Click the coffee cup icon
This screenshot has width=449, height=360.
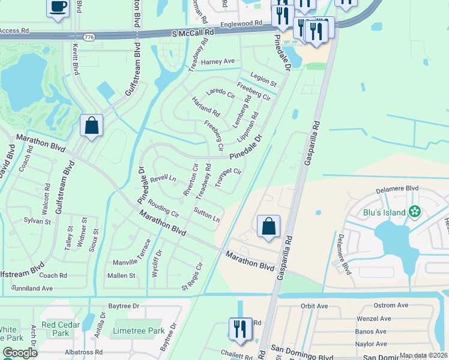pyautogui.click(x=58, y=7)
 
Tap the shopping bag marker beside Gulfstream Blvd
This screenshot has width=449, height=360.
pyautogui.click(x=91, y=126)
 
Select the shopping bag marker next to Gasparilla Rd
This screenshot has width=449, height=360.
pyautogui.click(x=268, y=227)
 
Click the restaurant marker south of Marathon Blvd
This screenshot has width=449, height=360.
pyautogui.click(x=240, y=329)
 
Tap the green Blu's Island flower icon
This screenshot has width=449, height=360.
pyautogui.click(x=414, y=211)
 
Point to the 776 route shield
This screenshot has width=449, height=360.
pyautogui.click(x=89, y=37)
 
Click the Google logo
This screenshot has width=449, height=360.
pyautogui.click(x=19, y=353)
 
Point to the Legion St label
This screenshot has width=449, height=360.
pyautogui.click(x=264, y=80)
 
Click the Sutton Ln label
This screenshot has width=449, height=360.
pyautogui.click(x=206, y=215)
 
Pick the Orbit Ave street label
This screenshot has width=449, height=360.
pyautogui.click(x=314, y=306)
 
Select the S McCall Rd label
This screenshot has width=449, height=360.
pyautogui.click(x=192, y=34)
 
